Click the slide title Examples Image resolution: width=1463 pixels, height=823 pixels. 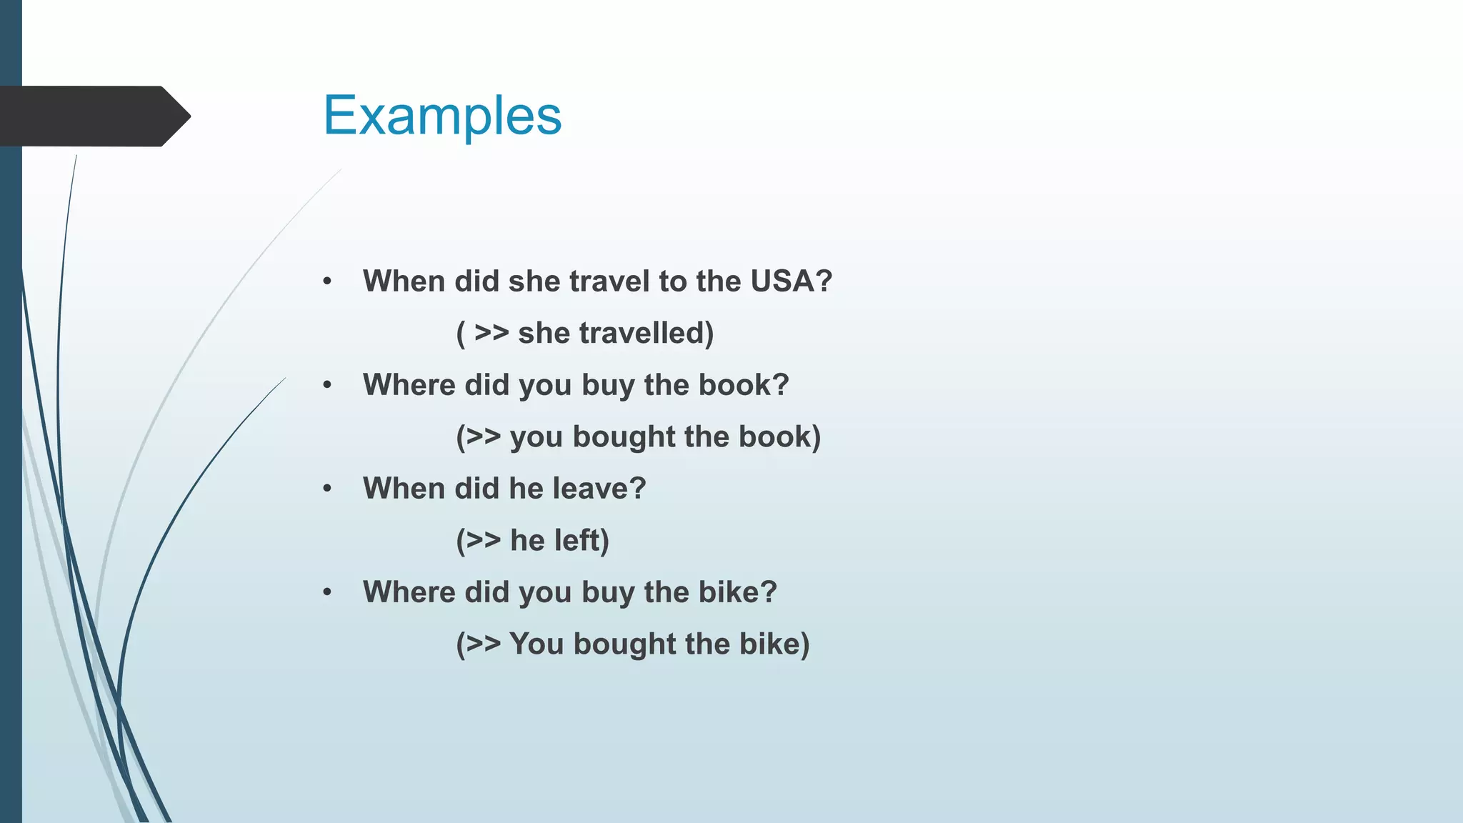click(442, 116)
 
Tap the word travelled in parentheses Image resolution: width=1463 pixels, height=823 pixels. click(646, 334)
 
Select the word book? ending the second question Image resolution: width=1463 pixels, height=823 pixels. click(744, 385)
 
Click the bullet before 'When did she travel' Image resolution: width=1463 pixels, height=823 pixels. click(327, 281)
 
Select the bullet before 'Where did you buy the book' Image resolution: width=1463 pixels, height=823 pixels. click(327, 385)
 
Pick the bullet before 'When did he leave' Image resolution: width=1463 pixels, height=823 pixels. click(327, 489)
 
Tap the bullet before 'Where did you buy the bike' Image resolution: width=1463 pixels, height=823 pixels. click(327, 592)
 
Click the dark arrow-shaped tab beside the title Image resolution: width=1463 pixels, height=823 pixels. click(93, 116)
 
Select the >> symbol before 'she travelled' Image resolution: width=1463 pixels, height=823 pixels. click(491, 333)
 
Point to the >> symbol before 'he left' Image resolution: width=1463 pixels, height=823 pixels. click(483, 540)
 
